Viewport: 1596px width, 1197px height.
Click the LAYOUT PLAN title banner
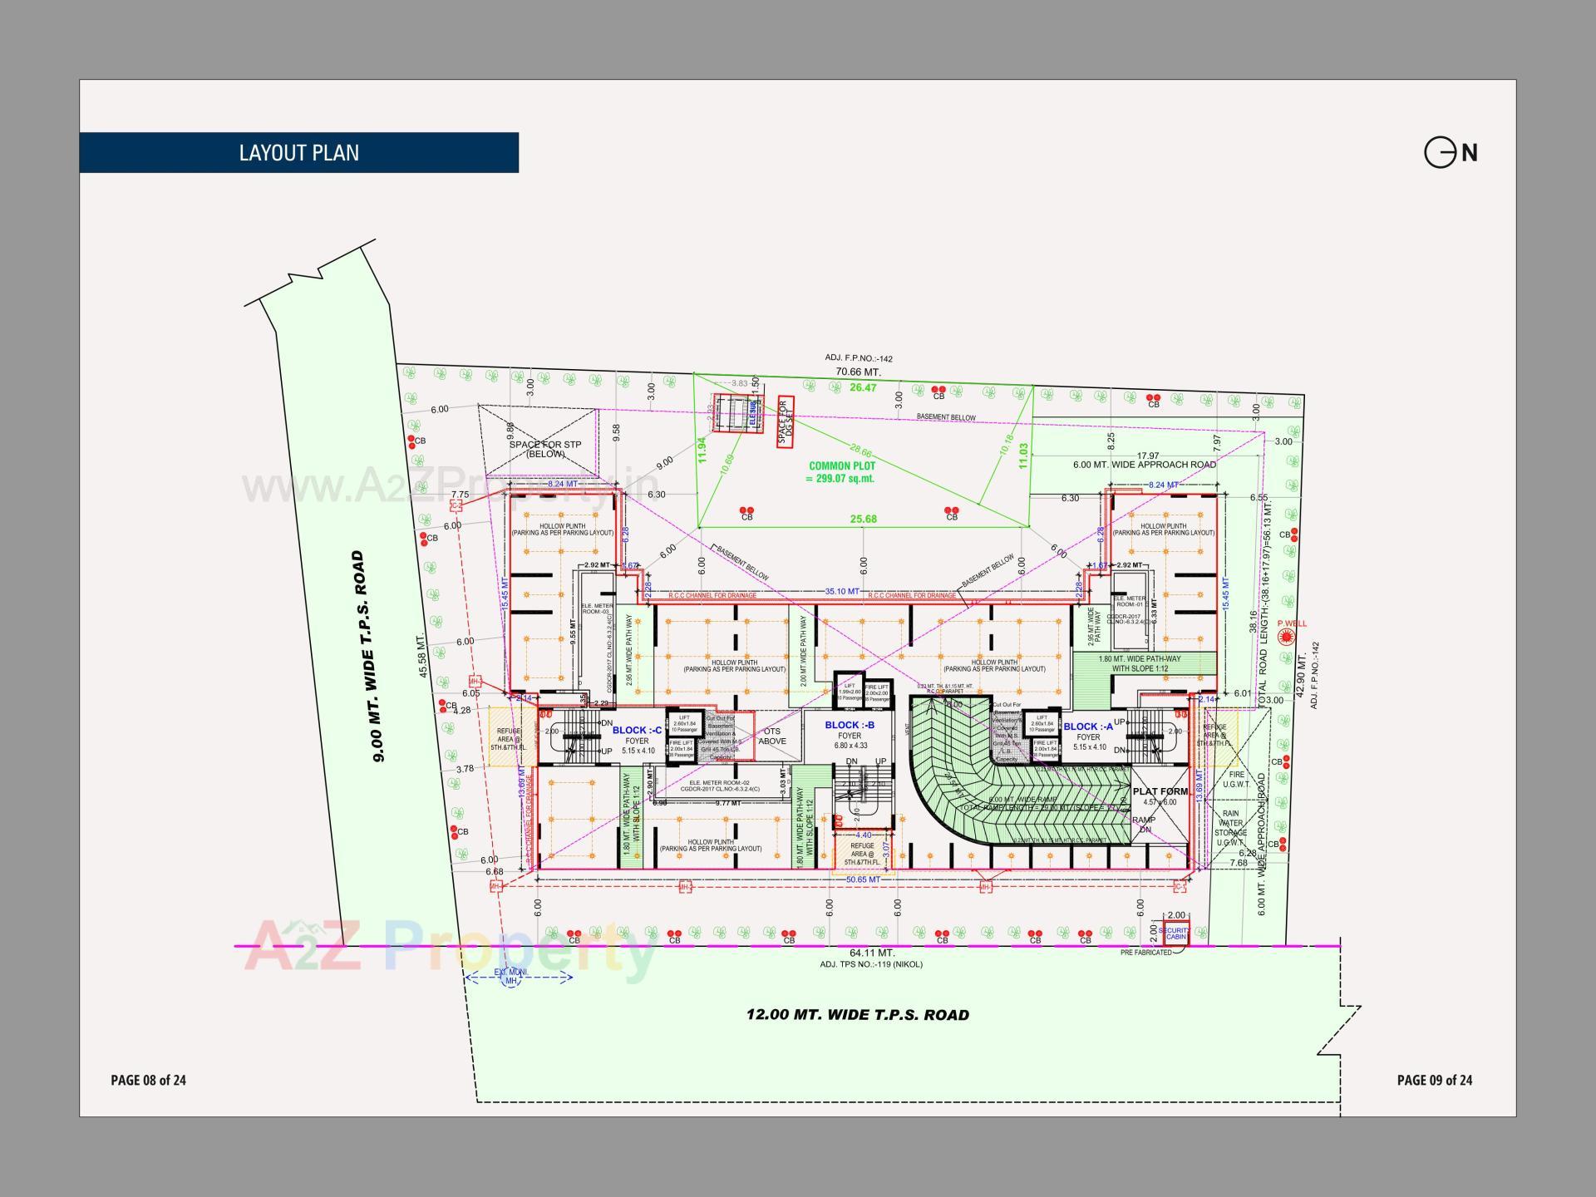coord(299,153)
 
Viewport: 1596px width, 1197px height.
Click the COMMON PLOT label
coord(841,472)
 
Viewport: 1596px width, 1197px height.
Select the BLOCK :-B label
coord(850,725)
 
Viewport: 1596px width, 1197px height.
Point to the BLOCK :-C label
coord(638,731)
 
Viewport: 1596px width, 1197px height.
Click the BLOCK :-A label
coord(1088,727)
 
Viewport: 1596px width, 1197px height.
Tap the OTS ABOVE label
coord(772,736)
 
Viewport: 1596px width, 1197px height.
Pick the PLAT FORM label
coord(1160,792)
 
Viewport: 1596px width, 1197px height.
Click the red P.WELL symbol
coord(1288,638)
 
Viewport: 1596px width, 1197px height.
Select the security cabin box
coord(1176,933)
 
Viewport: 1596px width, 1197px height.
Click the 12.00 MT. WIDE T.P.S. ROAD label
coord(857,1015)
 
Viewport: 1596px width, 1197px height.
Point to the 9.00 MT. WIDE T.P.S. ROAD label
coord(368,656)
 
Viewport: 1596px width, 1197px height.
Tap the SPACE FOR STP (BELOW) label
coord(545,449)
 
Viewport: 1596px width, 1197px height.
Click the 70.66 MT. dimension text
coord(858,372)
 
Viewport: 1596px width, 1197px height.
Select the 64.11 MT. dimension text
coord(871,953)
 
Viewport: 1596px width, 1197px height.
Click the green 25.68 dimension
coord(863,520)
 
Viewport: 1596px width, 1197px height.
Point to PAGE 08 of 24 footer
coord(149,1080)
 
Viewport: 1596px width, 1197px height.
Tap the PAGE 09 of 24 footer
coord(1435,1080)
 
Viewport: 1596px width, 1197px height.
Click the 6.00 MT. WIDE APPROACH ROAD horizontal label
coord(1144,465)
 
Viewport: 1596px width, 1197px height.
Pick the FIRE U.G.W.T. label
coord(1237,779)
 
